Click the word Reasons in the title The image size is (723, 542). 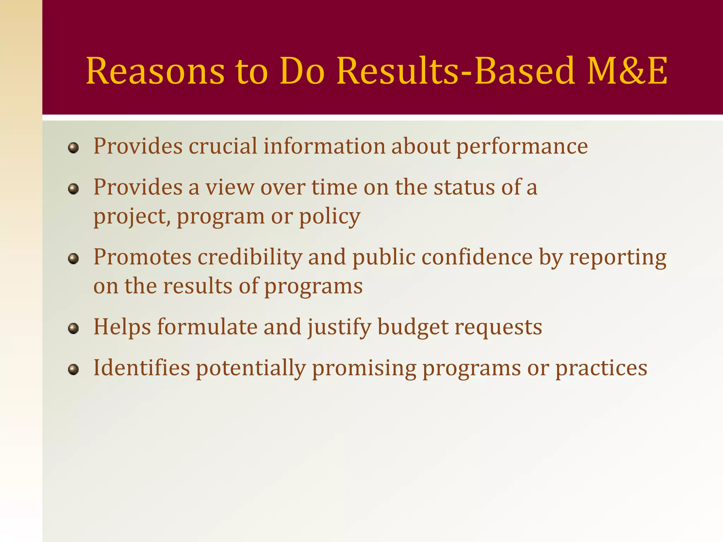tap(155, 71)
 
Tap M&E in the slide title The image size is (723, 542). tap(627, 71)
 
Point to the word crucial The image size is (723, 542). tap(223, 146)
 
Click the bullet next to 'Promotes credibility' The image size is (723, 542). tap(73, 259)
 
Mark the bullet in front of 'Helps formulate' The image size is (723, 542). tap(73, 329)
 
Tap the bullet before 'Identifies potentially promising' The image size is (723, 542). tap(73, 369)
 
